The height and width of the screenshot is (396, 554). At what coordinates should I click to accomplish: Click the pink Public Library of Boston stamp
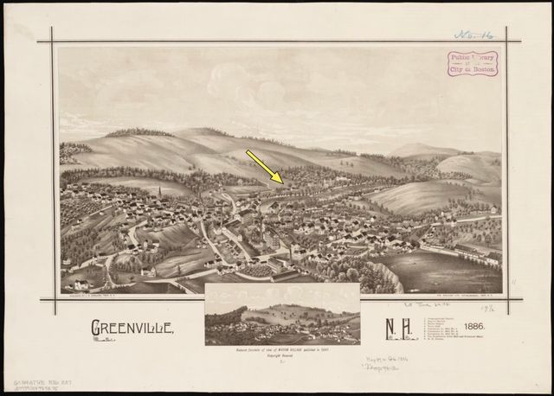(472, 63)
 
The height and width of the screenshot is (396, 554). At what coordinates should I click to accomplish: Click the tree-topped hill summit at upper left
(138, 132)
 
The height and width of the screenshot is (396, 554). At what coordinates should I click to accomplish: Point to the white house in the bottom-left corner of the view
(80, 283)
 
